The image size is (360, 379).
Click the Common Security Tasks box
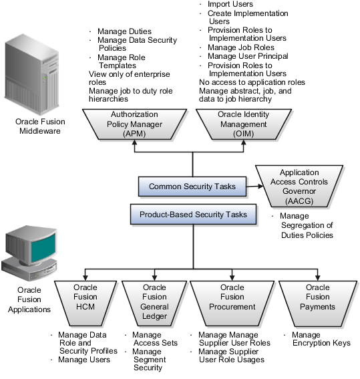tap(192, 186)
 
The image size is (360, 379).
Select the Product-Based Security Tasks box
tap(193, 215)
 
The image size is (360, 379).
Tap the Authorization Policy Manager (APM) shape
tap(134, 124)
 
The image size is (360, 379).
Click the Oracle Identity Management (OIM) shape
tap(244, 124)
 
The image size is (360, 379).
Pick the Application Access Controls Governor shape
tap(299, 186)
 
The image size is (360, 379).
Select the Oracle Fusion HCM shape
tap(85, 303)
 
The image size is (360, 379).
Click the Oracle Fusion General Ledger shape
tap(154, 303)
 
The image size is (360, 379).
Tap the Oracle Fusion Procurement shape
tap(232, 303)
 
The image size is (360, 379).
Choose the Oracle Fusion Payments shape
tap(318, 303)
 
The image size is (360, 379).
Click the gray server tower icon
tap(31, 75)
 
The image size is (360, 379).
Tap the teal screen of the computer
tap(43, 248)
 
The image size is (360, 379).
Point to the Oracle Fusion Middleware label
tap(40, 126)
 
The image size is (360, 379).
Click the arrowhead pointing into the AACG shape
tap(260, 186)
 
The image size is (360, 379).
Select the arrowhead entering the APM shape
tap(134, 142)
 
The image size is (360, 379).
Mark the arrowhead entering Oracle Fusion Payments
tap(318, 277)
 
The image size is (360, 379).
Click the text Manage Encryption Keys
tap(321, 339)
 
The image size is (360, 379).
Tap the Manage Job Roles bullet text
tap(241, 47)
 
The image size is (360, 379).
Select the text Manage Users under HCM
tap(84, 360)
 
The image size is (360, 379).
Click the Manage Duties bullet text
tap(124, 31)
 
